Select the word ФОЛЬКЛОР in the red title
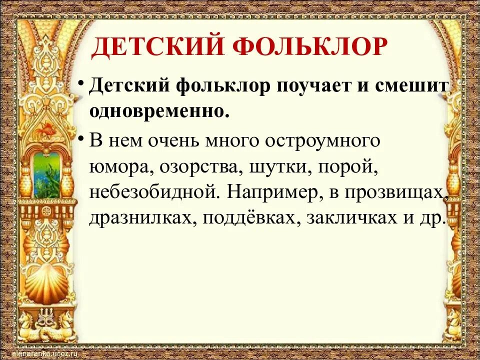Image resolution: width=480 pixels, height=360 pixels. tap(310, 47)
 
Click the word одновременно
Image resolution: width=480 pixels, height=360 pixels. tap(159, 110)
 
